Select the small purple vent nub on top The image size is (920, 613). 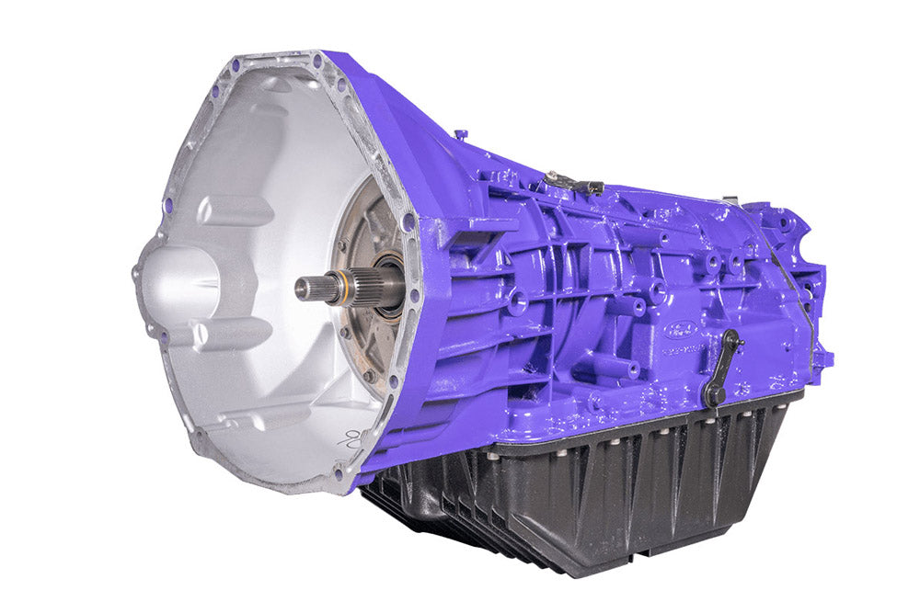(460, 135)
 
